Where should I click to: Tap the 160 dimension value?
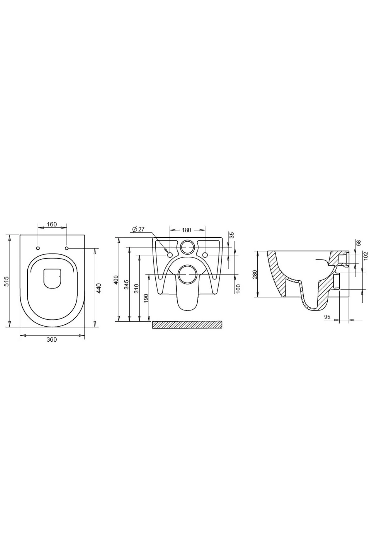(52, 224)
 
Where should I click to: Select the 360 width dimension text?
(52, 339)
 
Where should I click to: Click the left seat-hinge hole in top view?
(38, 248)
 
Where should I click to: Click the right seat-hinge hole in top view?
(67, 248)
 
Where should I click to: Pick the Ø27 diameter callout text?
(138, 229)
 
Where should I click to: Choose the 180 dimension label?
(186, 230)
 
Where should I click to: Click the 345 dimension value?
(127, 285)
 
